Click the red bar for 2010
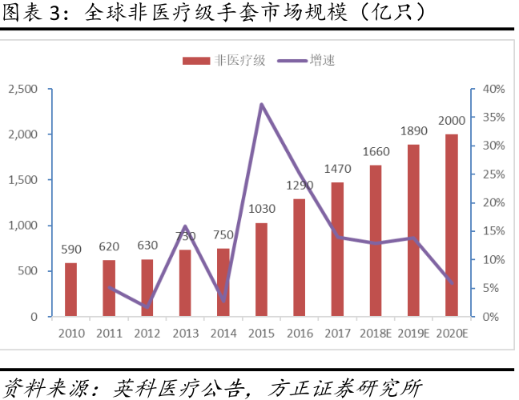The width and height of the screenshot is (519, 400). coord(70,290)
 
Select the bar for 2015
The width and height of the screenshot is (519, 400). coord(261,270)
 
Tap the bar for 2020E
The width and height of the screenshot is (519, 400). coord(451,226)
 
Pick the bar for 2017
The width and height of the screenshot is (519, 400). coord(337,250)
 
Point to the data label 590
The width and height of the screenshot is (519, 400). coord(70,250)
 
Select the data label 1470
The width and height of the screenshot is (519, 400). coord(337,169)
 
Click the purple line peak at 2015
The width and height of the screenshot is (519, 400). coord(262,104)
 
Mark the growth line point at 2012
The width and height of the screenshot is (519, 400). coord(147,306)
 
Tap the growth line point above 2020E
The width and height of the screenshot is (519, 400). coord(453,282)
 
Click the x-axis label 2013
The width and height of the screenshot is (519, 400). coord(185,332)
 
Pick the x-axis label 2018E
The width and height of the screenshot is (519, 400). coord(376,332)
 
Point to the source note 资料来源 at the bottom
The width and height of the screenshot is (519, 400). coord(212,386)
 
